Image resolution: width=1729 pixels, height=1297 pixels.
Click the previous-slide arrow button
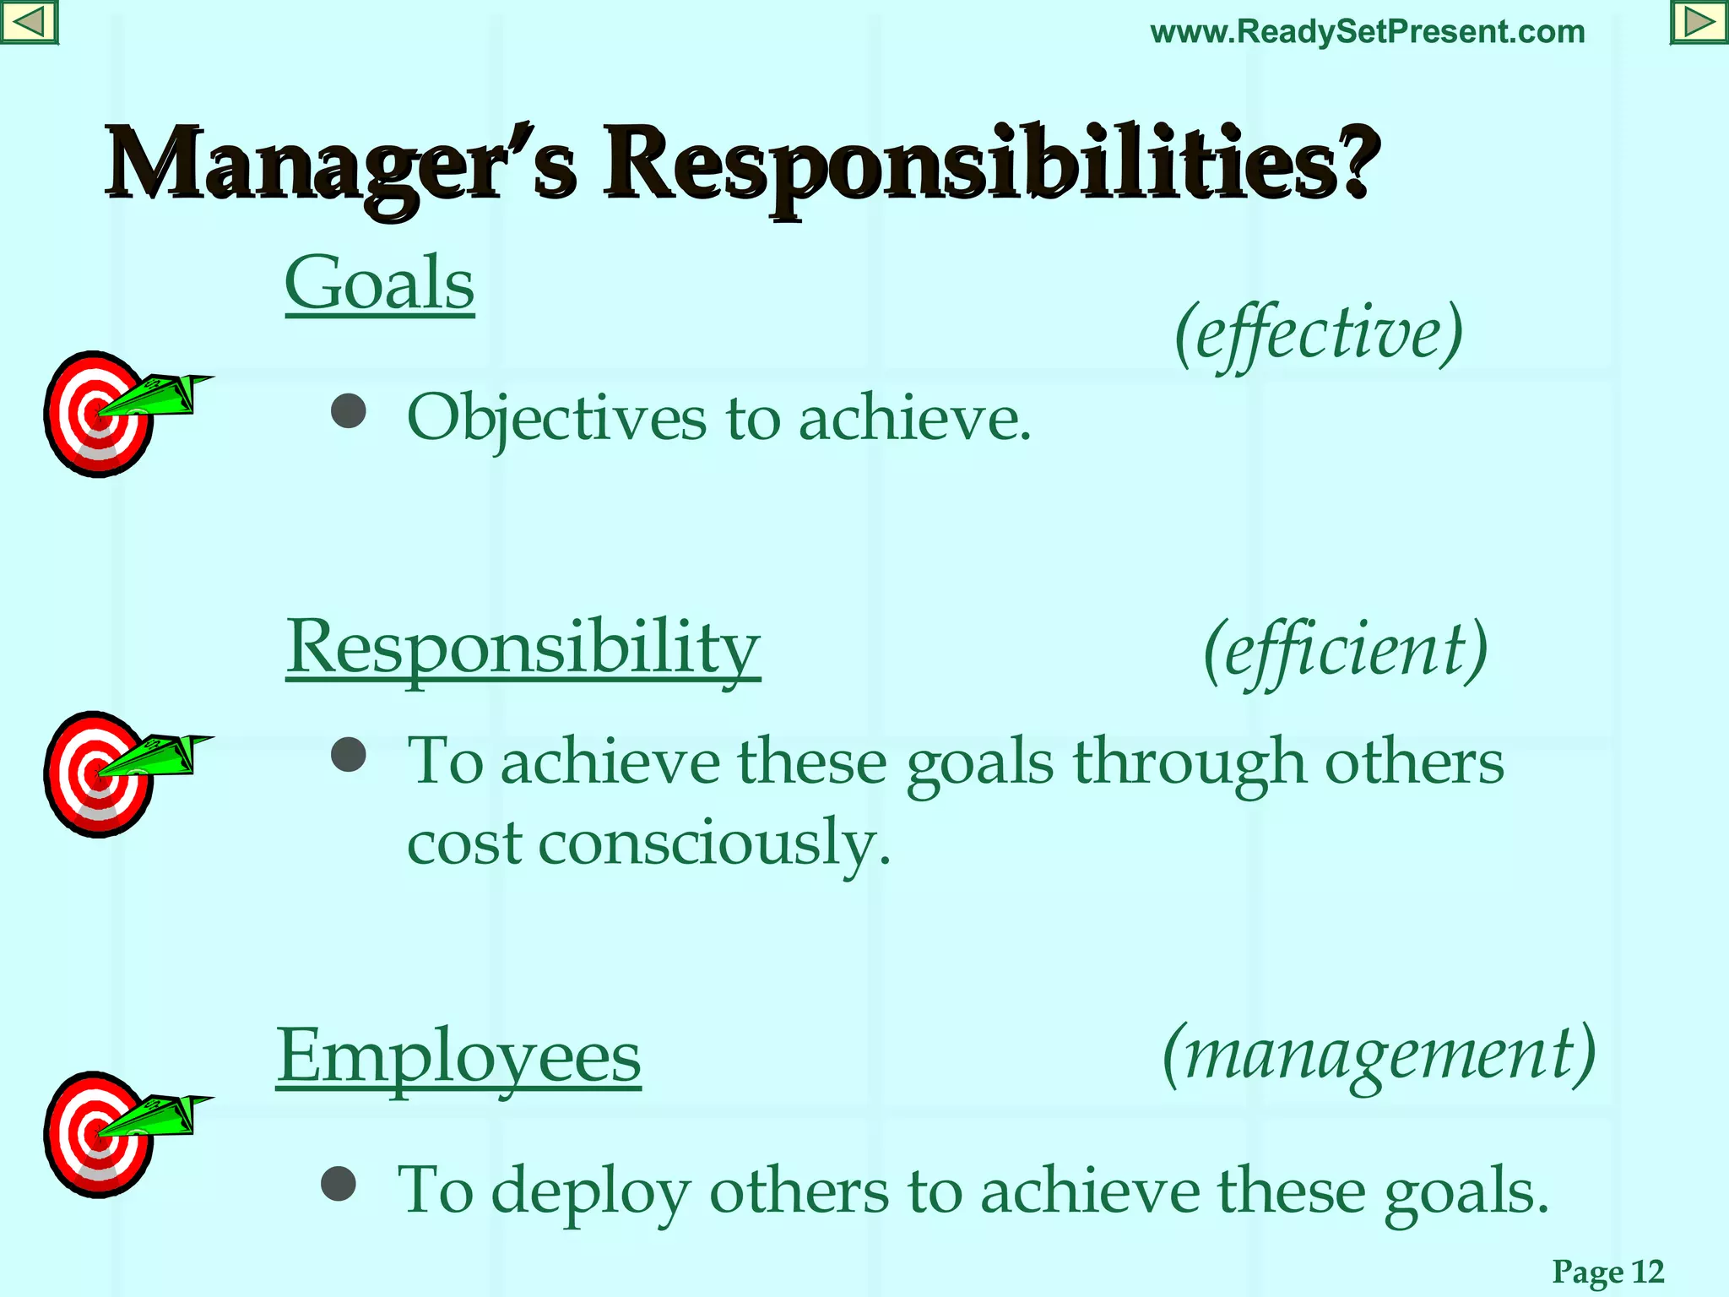pyautogui.click(x=29, y=22)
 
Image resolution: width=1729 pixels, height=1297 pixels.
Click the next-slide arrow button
pyautogui.click(x=1699, y=22)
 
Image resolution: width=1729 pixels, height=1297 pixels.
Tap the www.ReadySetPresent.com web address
pyautogui.click(x=1367, y=32)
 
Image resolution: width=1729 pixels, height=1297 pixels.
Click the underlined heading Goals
pyautogui.click(x=380, y=284)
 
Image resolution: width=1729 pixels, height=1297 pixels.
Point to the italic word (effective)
pyautogui.click(x=1318, y=334)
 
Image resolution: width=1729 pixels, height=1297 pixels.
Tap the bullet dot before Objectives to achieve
pyautogui.click(x=348, y=411)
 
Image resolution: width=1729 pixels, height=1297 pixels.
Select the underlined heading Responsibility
pyautogui.click(x=523, y=647)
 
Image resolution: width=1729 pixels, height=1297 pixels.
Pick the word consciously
pyautogui.click(x=714, y=843)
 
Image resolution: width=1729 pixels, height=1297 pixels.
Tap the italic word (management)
pyautogui.click(x=1379, y=1055)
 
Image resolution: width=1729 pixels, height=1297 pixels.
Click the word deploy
pyautogui.click(x=590, y=1191)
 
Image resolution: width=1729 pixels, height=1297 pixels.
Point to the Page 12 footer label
pyautogui.click(x=1607, y=1271)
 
